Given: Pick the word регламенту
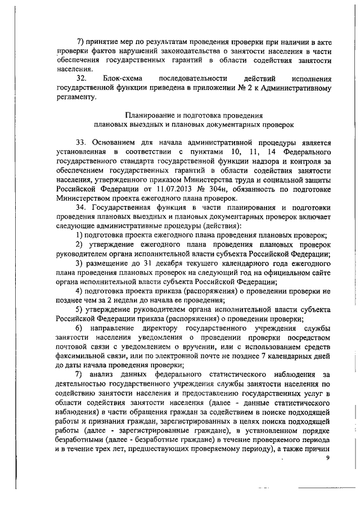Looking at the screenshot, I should [76, 97].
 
